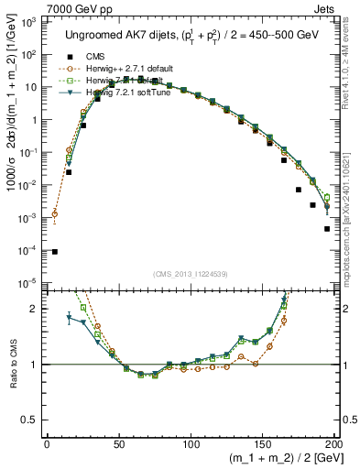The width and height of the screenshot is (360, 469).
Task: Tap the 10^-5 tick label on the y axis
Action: click(x=27, y=282)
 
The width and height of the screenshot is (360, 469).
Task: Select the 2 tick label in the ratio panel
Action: click(x=35, y=309)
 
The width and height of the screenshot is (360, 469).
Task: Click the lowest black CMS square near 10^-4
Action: click(x=54, y=251)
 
